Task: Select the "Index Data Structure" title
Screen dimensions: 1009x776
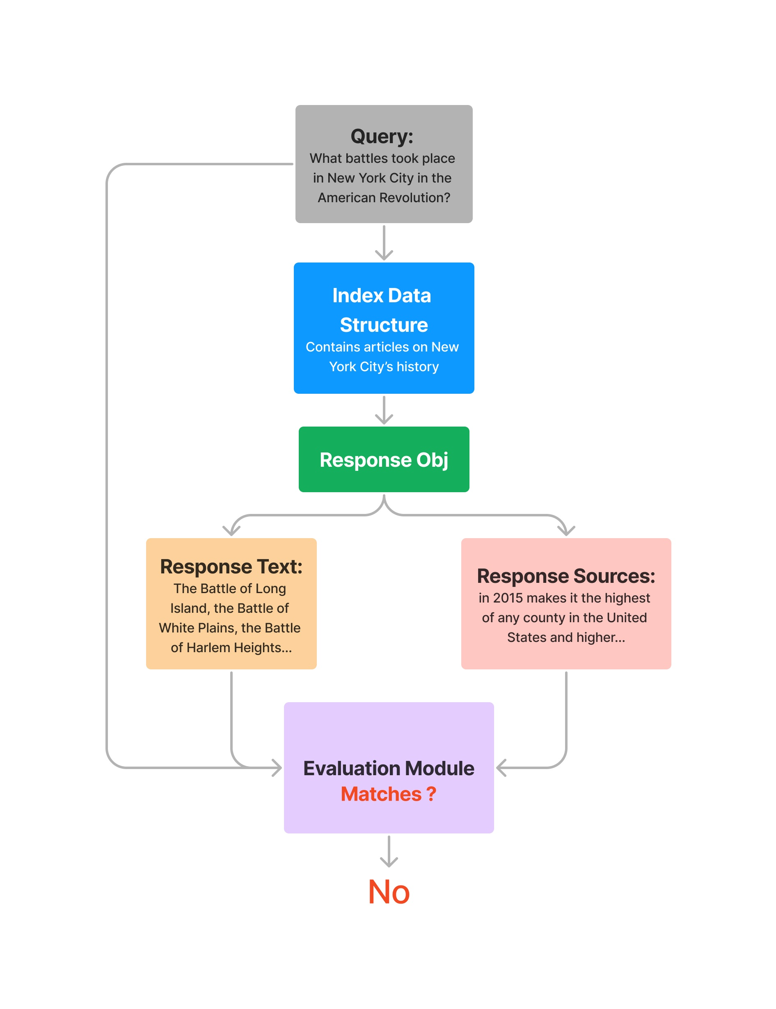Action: coord(383,310)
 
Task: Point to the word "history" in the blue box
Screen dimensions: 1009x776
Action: coord(418,367)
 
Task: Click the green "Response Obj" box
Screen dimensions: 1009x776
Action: coord(384,459)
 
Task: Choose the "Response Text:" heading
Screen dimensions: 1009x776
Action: coord(231,566)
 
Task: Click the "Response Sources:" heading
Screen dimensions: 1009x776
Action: coord(566,575)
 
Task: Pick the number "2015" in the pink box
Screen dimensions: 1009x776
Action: coord(508,598)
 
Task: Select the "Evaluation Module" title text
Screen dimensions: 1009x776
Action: coord(389,768)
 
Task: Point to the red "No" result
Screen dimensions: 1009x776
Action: coord(389,892)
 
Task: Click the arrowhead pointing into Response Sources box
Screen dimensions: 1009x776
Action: coord(566,530)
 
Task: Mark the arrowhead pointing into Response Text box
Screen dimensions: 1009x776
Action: coord(231,530)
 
